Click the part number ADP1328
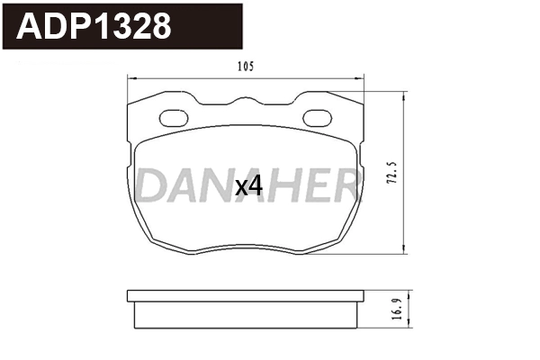pyautogui.click(x=93, y=27)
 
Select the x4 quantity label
pyautogui.click(x=247, y=186)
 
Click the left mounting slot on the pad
pyautogui.click(x=174, y=117)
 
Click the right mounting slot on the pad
pyautogui.click(x=317, y=117)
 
